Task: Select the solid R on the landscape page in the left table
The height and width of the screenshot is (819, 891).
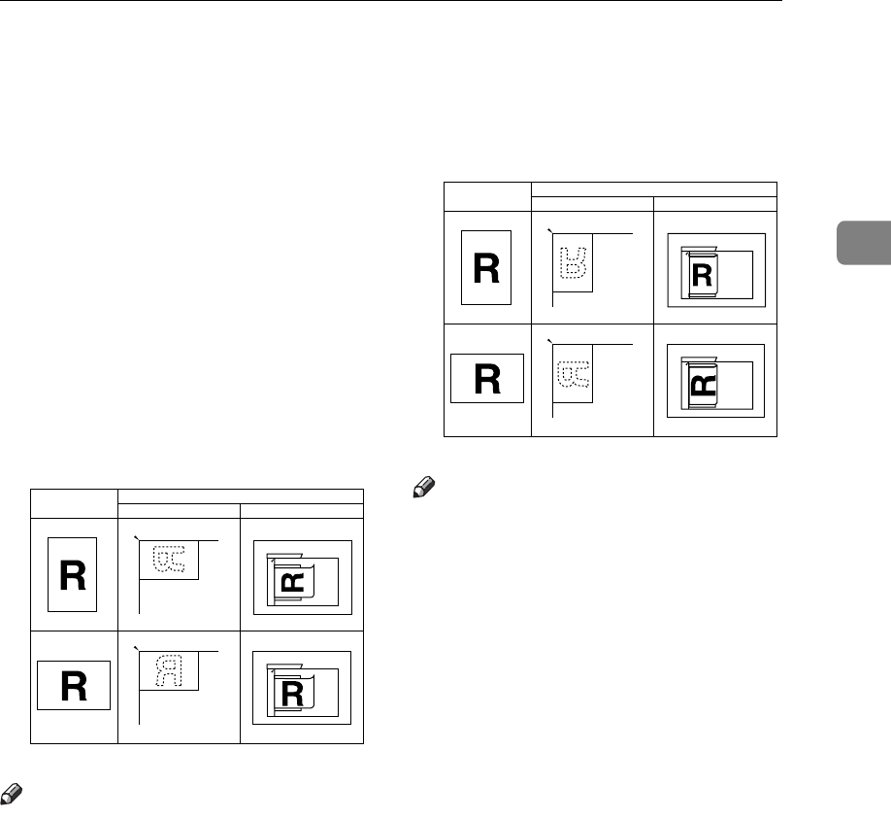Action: [74, 687]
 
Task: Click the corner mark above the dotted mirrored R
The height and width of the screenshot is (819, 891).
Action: [135, 646]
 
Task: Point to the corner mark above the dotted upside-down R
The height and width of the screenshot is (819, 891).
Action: [549, 230]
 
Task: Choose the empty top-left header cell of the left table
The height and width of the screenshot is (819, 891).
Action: [74, 503]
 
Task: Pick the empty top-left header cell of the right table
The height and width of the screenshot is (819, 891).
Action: [487, 196]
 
